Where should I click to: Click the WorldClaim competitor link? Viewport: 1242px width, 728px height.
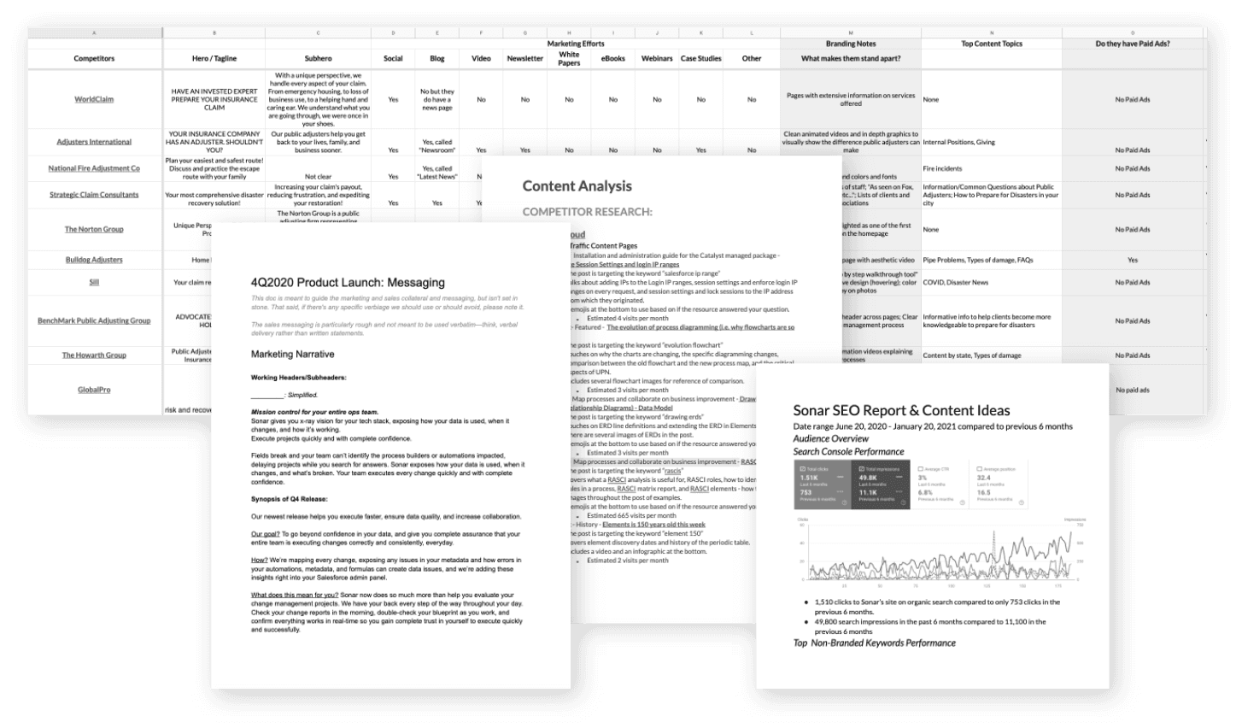[x=94, y=99]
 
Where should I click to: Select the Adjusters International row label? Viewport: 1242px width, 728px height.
[x=94, y=142]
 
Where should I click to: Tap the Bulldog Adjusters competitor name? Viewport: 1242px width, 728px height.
[x=94, y=260]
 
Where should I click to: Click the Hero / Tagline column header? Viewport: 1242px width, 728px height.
[x=214, y=59]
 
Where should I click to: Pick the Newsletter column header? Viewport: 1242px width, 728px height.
[x=524, y=59]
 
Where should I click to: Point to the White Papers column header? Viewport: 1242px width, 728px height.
[x=569, y=59]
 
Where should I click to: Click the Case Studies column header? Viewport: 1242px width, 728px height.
[x=700, y=59]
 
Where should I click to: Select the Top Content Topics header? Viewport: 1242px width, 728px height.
[x=991, y=44]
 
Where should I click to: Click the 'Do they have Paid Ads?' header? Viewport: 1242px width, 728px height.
[x=1133, y=44]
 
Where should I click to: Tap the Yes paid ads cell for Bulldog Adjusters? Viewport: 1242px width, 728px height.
[x=1133, y=260]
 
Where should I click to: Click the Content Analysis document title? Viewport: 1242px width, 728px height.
[x=577, y=186]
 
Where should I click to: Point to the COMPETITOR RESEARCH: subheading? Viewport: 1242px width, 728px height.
[x=587, y=212]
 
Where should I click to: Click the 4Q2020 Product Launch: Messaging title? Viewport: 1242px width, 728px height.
[x=348, y=283]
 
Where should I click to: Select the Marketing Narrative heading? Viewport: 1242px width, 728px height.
[x=292, y=355]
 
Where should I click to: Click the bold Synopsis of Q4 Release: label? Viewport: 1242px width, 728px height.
[x=290, y=499]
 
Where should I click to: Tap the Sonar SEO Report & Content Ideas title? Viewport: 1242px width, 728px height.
[x=901, y=411]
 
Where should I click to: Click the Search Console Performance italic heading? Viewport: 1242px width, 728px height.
[x=848, y=451]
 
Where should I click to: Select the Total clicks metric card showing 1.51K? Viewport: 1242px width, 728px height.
[x=822, y=484]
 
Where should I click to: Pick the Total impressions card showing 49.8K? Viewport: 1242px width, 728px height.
[x=880, y=484]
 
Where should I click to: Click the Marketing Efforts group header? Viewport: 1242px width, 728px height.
[x=576, y=44]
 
